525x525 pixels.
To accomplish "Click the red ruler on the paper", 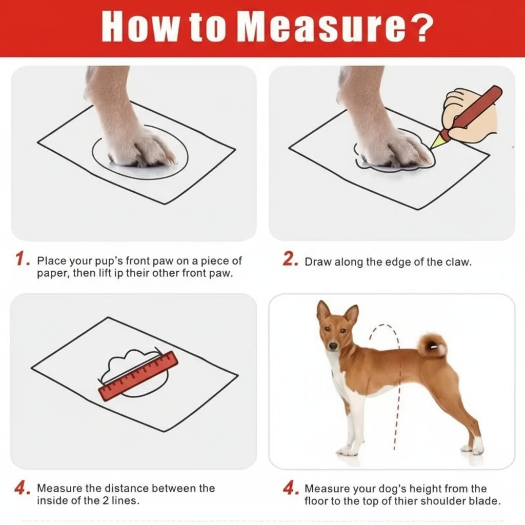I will [138, 376].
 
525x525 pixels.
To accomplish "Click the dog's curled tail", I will [432, 346].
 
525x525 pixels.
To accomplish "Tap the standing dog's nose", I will [333, 347].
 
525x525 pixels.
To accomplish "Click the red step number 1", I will [22, 260].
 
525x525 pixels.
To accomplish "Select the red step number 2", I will [290, 260].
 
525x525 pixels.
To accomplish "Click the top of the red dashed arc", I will [384, 326].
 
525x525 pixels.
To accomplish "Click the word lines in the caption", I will [128, 500].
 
